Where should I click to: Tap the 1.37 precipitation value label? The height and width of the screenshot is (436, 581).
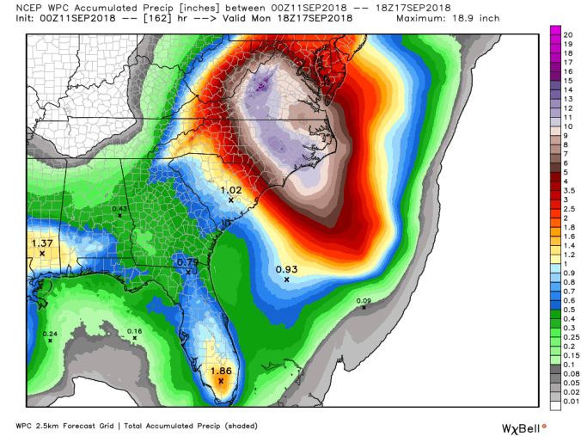pyautogui.click(x=41, y=243)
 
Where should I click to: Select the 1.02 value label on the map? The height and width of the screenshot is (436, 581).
pyautogui.click(x=231, y=190)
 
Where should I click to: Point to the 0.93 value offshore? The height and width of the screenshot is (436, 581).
pyautogui.click(x=287, y=269)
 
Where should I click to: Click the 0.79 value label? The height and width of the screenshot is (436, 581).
pyautogui.click(x=187, y=262)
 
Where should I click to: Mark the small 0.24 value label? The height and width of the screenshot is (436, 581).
pyautogui.click(x=51, y=334)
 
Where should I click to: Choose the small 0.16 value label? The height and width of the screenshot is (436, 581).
pyautogui.click(x=134, y=331)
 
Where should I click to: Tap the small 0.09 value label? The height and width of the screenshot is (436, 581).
pyautogui.click(x=364, y=300)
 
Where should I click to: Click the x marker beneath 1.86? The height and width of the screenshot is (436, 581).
pyautogui.click(x=221, y=380)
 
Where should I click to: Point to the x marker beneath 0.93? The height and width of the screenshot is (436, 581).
pyautogui.click(x=286, y=279)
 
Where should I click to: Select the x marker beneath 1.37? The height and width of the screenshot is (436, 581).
pyautogui.click(x=41, y=254)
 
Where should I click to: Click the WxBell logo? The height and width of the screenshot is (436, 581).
pyautogui.click(x=523, y=427)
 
